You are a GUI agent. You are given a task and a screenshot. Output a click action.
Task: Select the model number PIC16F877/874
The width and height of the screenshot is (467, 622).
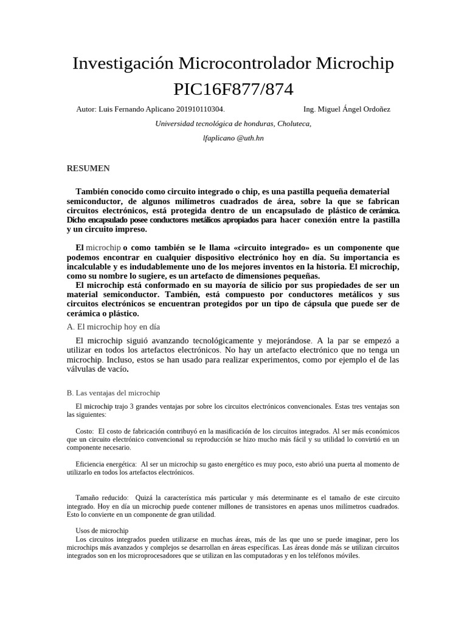coord(233,89)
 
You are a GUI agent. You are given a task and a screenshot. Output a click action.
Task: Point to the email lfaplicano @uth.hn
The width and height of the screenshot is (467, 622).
coord(233,138)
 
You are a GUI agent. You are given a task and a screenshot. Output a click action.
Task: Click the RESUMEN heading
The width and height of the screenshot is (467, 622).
coord(88,168)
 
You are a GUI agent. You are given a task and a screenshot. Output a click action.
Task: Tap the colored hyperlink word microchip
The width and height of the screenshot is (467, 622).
coord(103,248)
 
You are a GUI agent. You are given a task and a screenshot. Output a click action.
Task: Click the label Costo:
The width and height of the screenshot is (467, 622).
coord(89,431)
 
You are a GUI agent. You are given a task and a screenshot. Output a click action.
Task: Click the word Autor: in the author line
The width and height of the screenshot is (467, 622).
coord(86,109)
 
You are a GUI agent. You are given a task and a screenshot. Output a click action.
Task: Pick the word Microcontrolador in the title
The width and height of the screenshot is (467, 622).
coord(244,63)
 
